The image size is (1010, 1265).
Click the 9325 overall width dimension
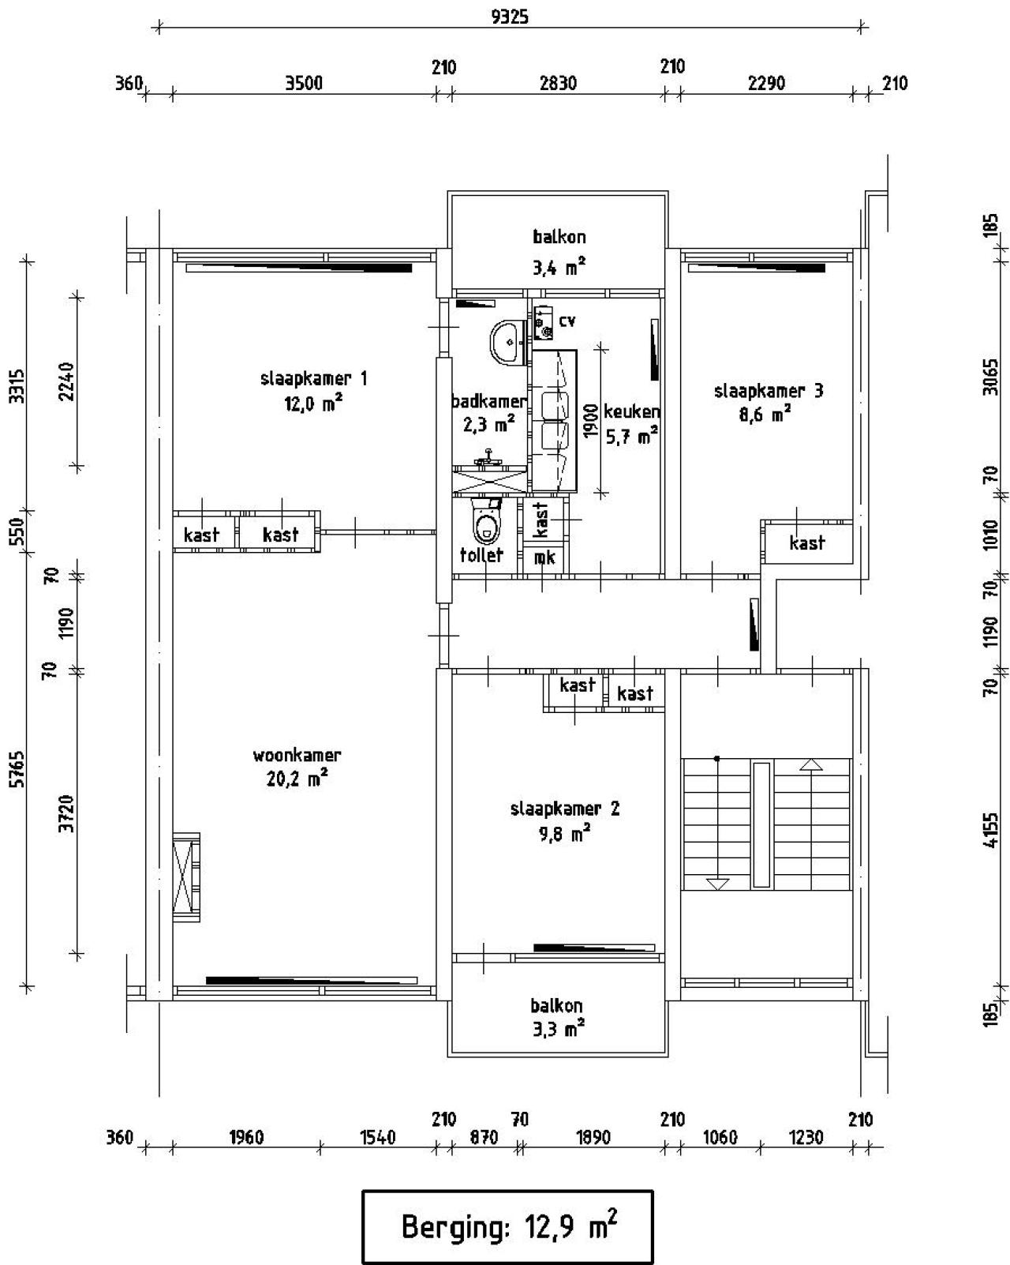pos(510,17)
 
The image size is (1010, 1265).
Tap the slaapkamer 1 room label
pos(314,378)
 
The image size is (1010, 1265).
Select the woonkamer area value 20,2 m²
pos(297,779)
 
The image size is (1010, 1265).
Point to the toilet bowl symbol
pos(486,520)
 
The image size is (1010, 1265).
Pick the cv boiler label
pos(567,321)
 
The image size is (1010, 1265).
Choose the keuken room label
pos(631,411)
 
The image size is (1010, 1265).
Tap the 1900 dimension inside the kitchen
pos(591,421)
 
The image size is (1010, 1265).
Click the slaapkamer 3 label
pos(769,391)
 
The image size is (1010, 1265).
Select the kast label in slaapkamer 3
pos(806,542)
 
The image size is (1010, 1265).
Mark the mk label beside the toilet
pos(544,557)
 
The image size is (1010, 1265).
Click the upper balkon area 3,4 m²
pos(559,268)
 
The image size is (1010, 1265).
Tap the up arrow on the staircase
pos(811,764)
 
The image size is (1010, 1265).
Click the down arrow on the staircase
pos(716,884)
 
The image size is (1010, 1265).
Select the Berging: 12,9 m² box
pos(507,1227)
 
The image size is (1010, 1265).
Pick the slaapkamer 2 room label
pos(565,809)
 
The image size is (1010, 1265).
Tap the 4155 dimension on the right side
pos(990,830)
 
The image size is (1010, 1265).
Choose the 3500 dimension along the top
pos(304,84)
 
